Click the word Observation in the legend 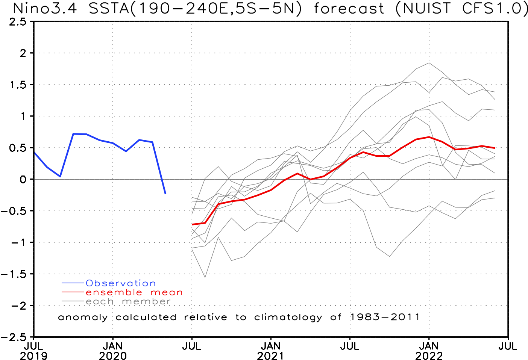point(120,283)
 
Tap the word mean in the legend point(166,292)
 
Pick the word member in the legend point(146,301)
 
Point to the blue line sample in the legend point(73,283)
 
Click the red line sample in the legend point(73,292)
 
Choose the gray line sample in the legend point(73,301)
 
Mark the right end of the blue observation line point(166,194)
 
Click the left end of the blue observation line point(34,153)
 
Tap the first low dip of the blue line point(60,176)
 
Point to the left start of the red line point(192,225)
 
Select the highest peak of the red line point(429,137)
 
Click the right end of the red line point(495,148)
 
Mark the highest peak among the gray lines point(429,63)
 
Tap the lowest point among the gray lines point(205,277)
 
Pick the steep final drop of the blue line point(159,168)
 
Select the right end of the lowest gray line point(495,198)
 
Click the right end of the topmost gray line point(495,92)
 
